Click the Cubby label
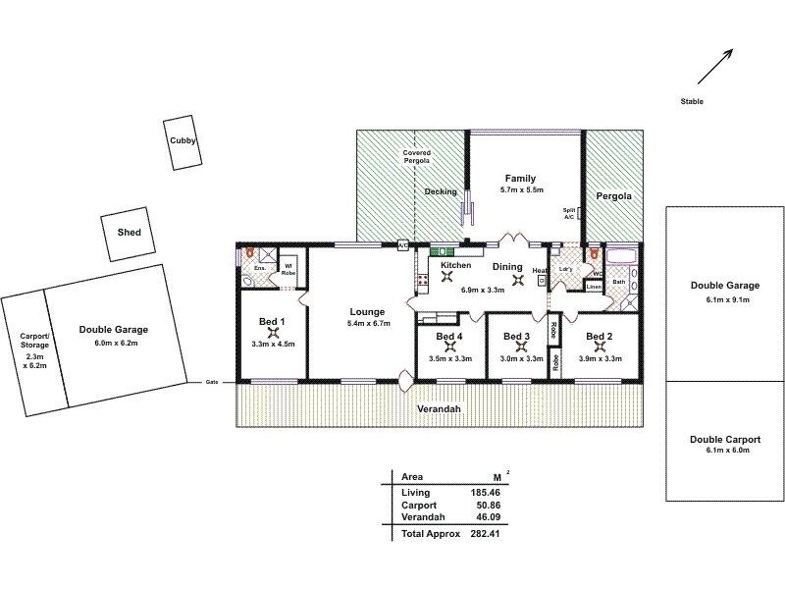pos(183,141)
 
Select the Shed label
pos(129,233)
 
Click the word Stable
pos(691,102)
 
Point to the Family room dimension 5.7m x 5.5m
pos(520,189)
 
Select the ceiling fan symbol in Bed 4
pos(450,346)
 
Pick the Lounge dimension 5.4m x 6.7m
pos(369,323)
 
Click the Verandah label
pos(440,408)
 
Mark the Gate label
pos(211,382)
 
